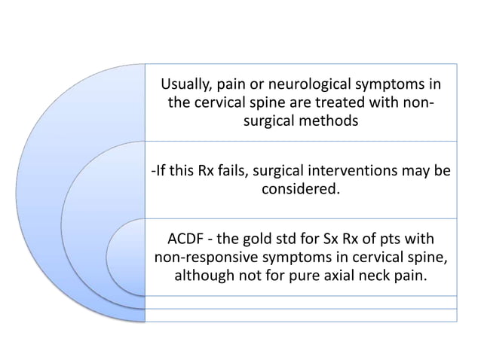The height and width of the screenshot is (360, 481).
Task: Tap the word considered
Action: coord(300,190)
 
